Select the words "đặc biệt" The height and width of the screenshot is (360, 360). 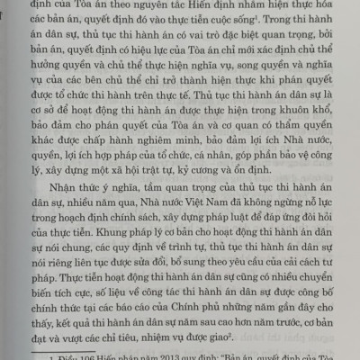(x=214, y=44)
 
